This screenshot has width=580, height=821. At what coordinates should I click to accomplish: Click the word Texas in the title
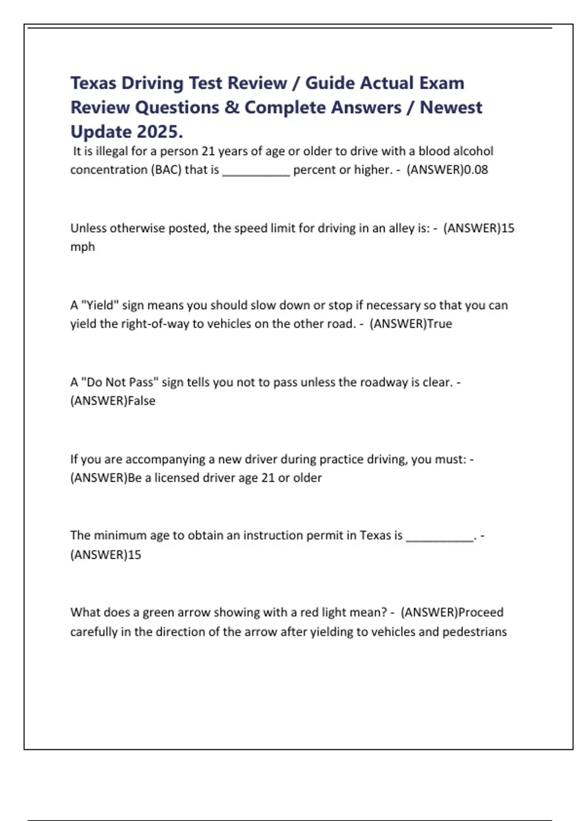click(93, 83)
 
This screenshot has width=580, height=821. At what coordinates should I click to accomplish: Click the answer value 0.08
click(476, 170)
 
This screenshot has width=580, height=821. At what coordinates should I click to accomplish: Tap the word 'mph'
click(83, 247)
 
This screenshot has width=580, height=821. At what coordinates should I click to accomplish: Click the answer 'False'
click(142, 401)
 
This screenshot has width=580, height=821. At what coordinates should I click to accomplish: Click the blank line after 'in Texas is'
click(439, 539)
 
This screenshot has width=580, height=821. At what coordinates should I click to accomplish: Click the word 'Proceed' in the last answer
click(480, 612)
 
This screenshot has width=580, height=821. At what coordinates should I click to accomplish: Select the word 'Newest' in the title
click(450, 108)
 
